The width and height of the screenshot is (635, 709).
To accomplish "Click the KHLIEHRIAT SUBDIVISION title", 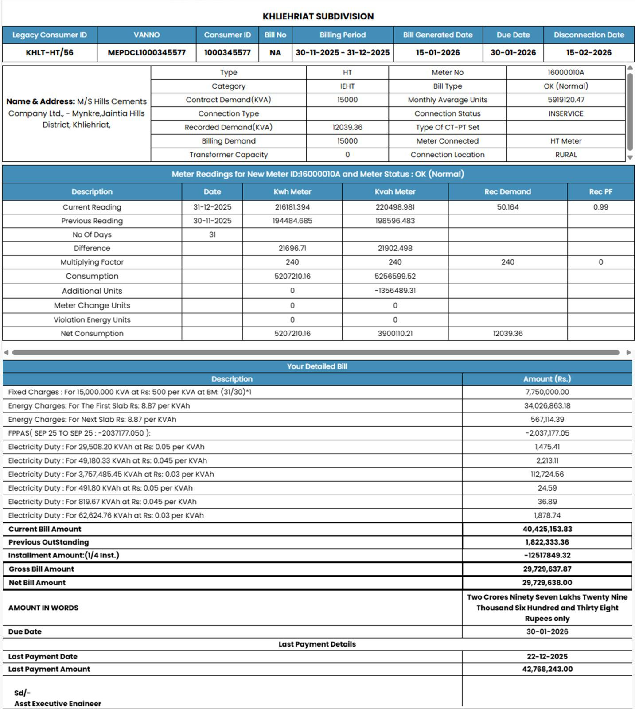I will (x=318, y=16).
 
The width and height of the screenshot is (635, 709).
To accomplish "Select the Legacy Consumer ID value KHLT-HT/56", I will (x=50, y=52).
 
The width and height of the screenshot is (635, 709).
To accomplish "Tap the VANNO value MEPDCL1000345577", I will (x=147, y=52).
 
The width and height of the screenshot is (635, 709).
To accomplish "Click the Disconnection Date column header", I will (x=588, y=35).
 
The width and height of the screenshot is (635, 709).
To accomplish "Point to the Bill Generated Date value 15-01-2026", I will (x=438, y=52).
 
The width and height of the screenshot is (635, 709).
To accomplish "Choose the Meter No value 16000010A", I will (x=565, y=72).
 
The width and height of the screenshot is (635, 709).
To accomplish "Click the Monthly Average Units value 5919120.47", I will (x=565, y=100).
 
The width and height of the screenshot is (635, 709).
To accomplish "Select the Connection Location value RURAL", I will (x=565, y=155).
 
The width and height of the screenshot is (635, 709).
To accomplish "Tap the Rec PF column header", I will (x=600, y=191).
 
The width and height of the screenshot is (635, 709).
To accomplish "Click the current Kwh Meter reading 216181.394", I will (x=292, y=207).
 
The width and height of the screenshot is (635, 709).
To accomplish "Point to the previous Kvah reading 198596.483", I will (x=395, y=221).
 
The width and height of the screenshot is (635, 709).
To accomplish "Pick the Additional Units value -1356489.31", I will (x=395, y=291).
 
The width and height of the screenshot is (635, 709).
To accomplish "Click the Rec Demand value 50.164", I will (x=507, y=207).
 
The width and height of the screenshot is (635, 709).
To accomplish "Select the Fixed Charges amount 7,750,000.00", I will (x=547, y=392).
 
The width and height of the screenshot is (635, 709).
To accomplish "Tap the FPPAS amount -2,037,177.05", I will (x=547, y=433).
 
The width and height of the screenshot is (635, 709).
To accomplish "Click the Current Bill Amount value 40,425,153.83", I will (x=547, y=529).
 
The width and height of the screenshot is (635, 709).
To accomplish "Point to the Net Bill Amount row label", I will (x=37, y=583).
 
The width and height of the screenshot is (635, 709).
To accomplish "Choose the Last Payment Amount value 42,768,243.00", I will (x=547, y=669).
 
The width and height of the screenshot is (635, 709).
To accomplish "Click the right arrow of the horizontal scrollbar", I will (x=628, y=353).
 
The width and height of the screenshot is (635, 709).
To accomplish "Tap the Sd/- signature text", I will (x=22, y=693).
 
